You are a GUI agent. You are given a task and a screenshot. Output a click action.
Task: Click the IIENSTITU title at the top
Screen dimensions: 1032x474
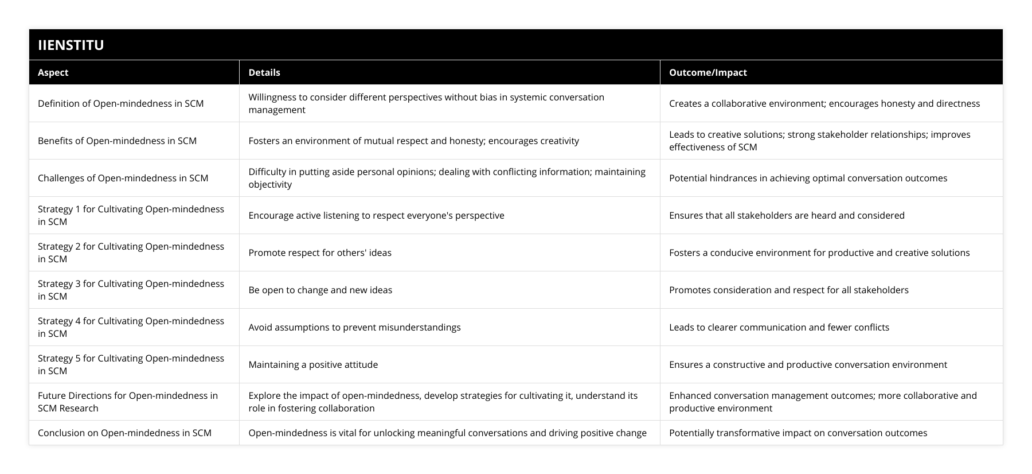tap(71, 45)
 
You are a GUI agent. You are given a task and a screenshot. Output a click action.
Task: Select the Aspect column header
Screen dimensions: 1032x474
tap(53, 72)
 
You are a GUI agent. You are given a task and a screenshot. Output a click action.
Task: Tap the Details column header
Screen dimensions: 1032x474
tap(264, 72)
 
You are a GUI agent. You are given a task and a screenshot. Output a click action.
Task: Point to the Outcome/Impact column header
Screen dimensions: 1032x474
tap(708, 72)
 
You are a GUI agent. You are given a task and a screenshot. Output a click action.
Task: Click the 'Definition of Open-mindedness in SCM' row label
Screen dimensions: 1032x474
tap(121, 103)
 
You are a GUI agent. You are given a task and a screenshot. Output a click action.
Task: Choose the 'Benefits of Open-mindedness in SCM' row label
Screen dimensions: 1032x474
tap(118, 141)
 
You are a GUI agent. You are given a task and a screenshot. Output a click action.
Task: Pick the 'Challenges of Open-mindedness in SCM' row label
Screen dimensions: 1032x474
tap(123, 178)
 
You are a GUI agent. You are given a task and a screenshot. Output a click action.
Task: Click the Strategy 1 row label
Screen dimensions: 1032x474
tap(131, 215)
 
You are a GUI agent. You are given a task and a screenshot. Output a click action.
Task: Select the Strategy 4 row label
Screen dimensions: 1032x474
tap(131, 327)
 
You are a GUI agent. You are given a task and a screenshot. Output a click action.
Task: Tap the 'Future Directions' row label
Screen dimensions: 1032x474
tap(128, 402)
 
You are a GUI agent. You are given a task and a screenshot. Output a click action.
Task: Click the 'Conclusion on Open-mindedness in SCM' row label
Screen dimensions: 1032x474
tap(125, 433)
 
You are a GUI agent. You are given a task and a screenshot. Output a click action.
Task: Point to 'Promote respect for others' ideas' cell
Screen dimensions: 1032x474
tap(320, 252)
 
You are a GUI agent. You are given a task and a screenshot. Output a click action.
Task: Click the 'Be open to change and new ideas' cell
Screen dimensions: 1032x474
tap(320, 290)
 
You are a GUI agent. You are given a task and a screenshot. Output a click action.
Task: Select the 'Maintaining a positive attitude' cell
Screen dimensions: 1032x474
tap(313, 364)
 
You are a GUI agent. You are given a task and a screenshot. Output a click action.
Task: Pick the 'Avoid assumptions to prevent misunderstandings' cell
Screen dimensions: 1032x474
tap(354, 327)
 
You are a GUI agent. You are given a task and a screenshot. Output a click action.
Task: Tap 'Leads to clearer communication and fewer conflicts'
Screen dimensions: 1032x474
tap(779, 327)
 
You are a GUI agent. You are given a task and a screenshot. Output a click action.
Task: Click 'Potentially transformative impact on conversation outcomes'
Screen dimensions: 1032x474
tap(798, 433)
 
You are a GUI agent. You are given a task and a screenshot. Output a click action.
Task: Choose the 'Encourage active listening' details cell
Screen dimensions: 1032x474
tap(376, 215)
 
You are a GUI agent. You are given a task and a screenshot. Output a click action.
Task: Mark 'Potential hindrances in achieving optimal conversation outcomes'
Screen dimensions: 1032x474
tap(808, 178)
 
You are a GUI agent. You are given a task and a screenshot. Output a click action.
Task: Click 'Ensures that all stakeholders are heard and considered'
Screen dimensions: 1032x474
tap(787, 215)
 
